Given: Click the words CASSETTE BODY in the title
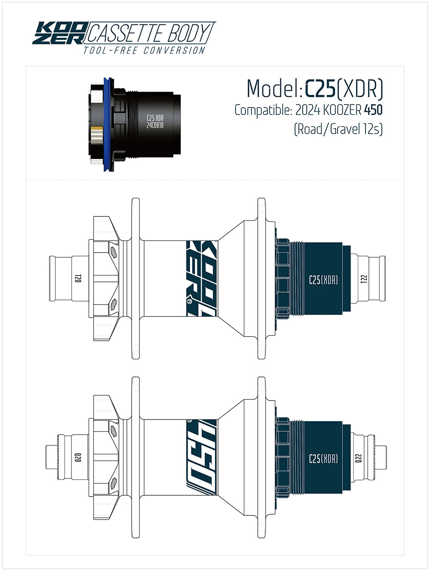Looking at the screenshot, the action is point(149,33).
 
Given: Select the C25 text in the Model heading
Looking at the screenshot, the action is point(320,89).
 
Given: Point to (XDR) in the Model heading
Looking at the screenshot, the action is point(360,89).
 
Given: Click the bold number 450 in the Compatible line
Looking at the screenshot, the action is point(373,110).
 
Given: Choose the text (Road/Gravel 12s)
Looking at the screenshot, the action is point(338,129).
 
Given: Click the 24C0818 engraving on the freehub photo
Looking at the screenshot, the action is point(155,125).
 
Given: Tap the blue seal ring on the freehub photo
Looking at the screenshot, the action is point(107,125).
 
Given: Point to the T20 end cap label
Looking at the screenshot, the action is point(78,278).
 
